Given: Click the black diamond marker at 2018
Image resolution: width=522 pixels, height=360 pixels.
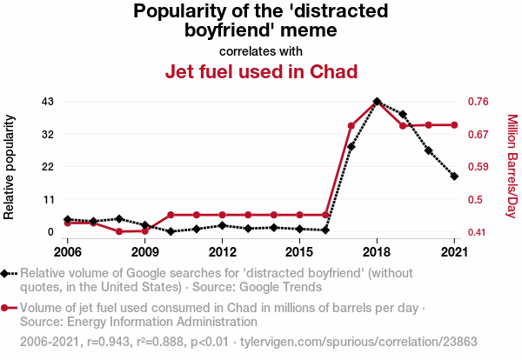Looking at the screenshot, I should [377, 101].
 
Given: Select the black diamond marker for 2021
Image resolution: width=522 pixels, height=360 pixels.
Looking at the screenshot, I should [454, 177].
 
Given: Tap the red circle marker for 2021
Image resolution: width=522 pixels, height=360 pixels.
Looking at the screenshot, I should [454, 125].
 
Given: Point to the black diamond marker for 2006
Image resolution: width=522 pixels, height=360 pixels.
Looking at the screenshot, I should [67, 220].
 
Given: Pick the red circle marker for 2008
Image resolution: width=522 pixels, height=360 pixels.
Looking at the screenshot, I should [119, 231].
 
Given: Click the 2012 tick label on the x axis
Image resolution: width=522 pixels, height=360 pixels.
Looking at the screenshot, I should [223, 252].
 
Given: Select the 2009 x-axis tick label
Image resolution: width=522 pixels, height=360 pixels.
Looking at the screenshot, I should [144, 252].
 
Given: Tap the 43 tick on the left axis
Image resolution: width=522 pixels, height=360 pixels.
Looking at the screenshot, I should [48, 102].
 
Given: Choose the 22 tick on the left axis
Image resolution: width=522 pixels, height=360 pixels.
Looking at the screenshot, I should [48, 167].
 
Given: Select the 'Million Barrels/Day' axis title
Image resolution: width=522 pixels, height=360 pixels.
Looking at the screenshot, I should [512, 166].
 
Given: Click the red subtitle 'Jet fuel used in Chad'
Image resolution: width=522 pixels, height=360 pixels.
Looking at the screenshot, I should [261, 70].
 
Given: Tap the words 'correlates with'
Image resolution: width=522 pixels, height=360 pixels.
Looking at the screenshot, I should [261, 50].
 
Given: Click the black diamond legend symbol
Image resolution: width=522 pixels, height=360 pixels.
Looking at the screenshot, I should [9, 273].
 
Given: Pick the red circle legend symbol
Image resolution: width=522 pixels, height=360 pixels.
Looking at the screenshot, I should [9, 308].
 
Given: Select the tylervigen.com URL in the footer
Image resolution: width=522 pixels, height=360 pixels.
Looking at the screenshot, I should [361, 343].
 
